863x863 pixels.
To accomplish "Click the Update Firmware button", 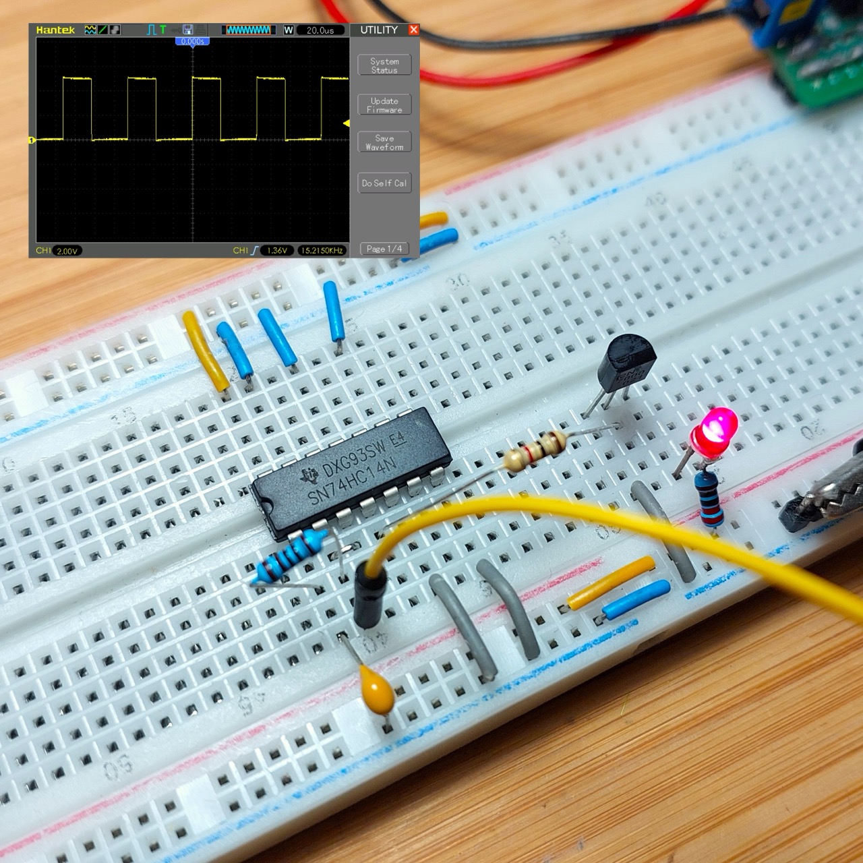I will coord(384,105).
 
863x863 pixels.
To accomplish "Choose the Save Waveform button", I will coord(384,142).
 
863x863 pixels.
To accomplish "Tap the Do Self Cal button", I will coord(384,183).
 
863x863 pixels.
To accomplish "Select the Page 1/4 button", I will coord(384,249).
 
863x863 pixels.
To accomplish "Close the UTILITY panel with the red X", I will coord(414,30).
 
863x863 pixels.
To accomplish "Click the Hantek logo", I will coord(55,30).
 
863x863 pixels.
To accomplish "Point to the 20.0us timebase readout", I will coord(320,30).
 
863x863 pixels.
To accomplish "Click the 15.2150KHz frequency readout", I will coord(322,251).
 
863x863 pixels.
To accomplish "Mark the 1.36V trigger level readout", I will coord(277,251).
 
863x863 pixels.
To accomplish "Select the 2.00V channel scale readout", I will coord(67,251).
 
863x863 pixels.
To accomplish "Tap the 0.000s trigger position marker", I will coord(193,41).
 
